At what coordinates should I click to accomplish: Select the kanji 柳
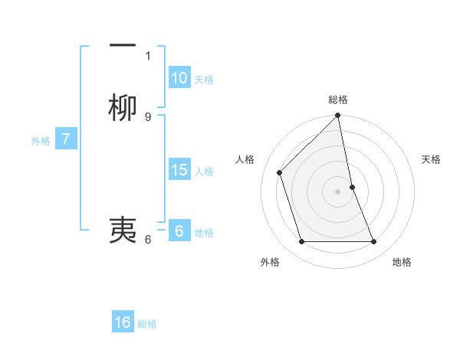(123, 109)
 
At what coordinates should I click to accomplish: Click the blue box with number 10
(179, 78)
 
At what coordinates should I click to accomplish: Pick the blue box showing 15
(179, 171)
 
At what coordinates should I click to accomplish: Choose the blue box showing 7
(67, 140)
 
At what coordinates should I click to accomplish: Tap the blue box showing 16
(123, 322)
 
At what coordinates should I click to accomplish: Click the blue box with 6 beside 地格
(179, 231)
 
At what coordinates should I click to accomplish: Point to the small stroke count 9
(148, 117)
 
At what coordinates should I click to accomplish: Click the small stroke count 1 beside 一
(148, 55)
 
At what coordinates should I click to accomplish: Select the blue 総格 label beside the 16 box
(147, 324)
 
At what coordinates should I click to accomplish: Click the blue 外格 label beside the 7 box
(40, 141)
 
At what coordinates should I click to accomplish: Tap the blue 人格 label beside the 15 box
(205, 172)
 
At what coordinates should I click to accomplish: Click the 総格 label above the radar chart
(338, 100)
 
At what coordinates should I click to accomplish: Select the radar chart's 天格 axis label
(431, 159)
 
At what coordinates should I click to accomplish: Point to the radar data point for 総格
(338, 116)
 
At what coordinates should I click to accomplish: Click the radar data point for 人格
(280, 172)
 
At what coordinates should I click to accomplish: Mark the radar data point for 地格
(373, 242)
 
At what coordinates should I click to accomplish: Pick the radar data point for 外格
(301, 242)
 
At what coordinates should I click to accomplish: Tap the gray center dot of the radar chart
(338, 191)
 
